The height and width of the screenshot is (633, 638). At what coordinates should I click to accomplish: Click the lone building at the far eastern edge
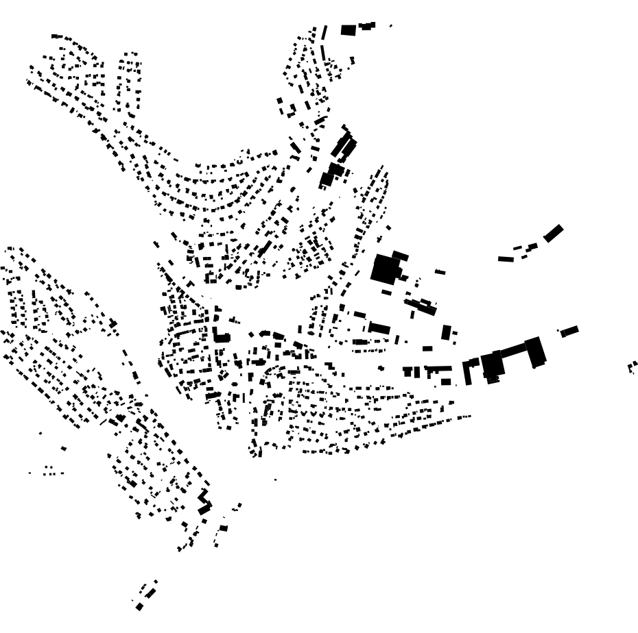[x=633, y=367]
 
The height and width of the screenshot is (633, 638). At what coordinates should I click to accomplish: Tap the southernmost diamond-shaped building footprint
[x=139, y=606]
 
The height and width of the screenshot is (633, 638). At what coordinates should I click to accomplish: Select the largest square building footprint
[x=385, y=269]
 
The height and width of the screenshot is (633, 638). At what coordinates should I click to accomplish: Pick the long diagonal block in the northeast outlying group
[x=553, y=234]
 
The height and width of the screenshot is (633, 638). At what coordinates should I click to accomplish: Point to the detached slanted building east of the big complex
[x=569, y=332]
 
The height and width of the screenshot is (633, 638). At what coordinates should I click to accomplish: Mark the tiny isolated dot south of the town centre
[x=276, y=480]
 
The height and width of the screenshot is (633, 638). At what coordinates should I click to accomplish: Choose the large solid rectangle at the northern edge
[x=348, y=30]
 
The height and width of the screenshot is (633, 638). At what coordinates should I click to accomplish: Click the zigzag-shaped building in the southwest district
[x=204, y=502]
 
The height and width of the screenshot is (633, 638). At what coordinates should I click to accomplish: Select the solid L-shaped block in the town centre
[x=220, y=335]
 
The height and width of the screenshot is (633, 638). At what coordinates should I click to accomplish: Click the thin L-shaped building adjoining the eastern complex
[x=469, y=371]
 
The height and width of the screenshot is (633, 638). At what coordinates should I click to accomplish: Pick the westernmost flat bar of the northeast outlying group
[x=506, y=259]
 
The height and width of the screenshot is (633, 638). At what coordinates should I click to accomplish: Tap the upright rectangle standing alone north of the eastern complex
[x=447, y=332]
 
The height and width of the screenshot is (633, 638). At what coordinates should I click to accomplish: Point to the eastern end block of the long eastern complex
[x=535, y=351]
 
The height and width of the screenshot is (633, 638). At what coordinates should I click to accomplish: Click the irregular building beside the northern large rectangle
[x=366, y=26]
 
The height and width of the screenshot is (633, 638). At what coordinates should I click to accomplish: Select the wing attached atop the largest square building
[x=400, y=256]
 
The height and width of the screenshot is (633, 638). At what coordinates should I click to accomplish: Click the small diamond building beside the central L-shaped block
[x=234, y=320]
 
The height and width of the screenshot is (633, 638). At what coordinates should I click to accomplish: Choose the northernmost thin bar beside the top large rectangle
[x=324, y=32]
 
